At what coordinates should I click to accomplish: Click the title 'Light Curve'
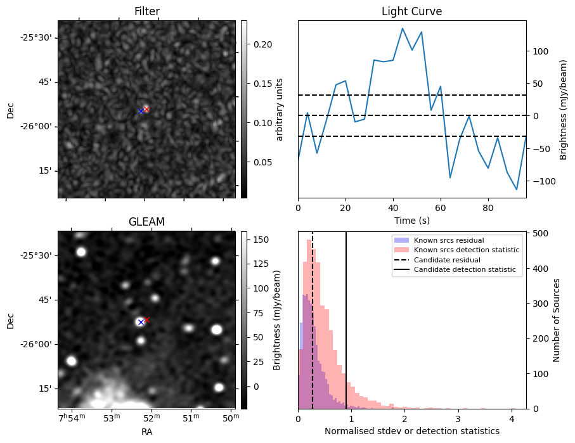(x=411, y=11)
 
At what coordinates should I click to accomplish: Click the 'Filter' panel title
(x=146, y=11)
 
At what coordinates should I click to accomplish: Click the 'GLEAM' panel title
(x=146, y=222)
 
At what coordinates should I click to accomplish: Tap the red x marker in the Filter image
(x=146, y=109)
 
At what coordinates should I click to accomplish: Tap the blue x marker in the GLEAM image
(x=141, y=323)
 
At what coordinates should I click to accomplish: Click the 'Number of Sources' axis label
(x=556, y=321)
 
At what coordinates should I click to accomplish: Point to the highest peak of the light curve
(x=403, y=28)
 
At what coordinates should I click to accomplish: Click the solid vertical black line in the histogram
(x=346, y=317)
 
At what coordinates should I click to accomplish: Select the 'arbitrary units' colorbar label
(x=280, y=109)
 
